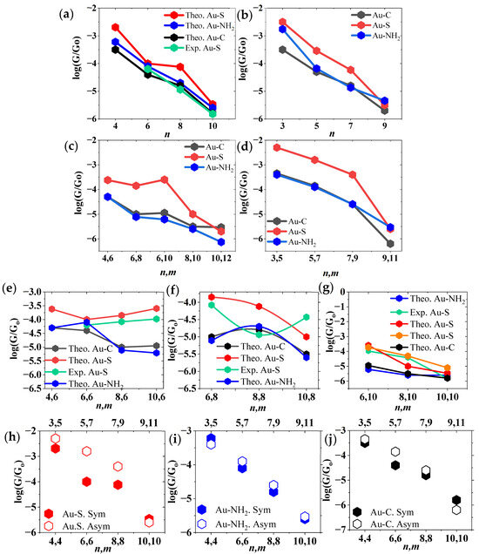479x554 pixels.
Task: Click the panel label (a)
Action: (66, 14)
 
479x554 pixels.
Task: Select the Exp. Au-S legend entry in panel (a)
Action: (193, 48)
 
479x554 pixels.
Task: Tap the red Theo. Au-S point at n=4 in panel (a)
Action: (115, 27)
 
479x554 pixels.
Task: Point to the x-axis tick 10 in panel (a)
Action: (213, 126)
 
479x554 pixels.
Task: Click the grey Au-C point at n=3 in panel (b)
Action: (282, 50)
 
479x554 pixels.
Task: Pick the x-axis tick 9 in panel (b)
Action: (384, 126)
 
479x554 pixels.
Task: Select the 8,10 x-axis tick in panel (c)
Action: (192, 259)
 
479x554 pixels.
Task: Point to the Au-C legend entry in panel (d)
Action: (287, 221)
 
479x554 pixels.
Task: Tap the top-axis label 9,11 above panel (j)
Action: (456, 422)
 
